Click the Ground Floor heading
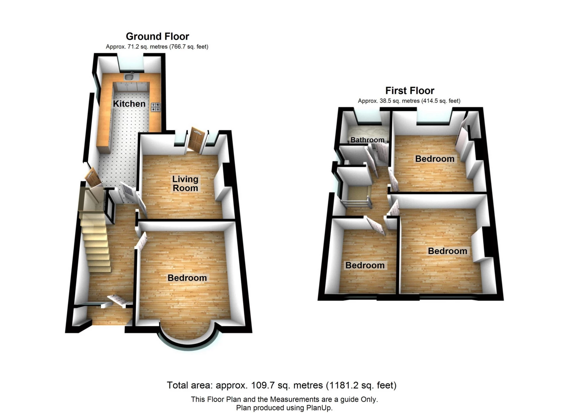click(157, 36)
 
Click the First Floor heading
click(410, 91)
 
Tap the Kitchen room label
click(129, 104)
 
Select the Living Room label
click(185, 183)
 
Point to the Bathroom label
click(367, 140)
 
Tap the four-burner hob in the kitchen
click(156, 107)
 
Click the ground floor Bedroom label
click(187, 278)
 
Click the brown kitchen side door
click(92, 177)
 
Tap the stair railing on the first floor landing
click(356, 203)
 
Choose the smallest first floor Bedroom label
click(365, 265)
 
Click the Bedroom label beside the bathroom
click(434, 159)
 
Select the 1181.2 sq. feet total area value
click(361, 385)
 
